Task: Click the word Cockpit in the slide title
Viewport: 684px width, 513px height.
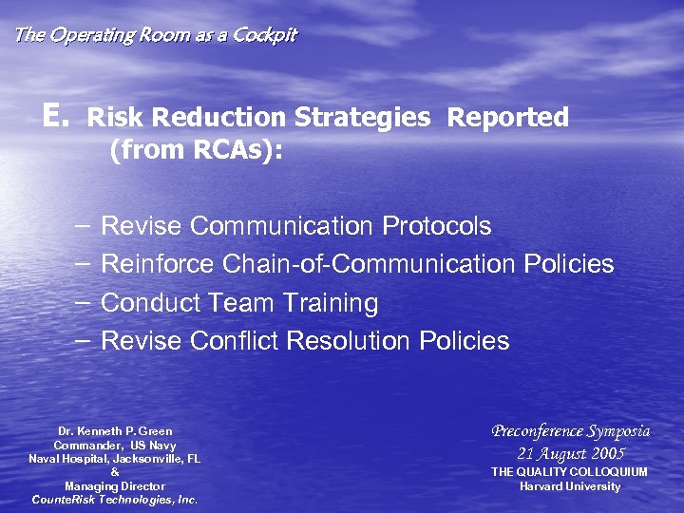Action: point(265,35)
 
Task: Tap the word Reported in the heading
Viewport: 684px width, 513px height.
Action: point(507,118)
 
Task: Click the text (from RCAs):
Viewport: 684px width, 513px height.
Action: point(196,150)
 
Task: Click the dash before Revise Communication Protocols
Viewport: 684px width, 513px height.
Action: point(83,226)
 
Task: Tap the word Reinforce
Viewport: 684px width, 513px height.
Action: point(158,264)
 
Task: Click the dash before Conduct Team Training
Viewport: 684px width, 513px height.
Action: point(83,303)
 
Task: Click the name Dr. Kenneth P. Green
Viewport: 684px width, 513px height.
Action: point(115,431)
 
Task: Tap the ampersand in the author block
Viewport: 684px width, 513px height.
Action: point(115,472)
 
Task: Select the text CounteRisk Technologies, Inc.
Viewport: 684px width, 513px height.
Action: point(115,500)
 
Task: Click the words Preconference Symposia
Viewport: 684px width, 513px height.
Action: point(570,431)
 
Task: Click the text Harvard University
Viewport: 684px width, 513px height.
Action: point(570,486)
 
